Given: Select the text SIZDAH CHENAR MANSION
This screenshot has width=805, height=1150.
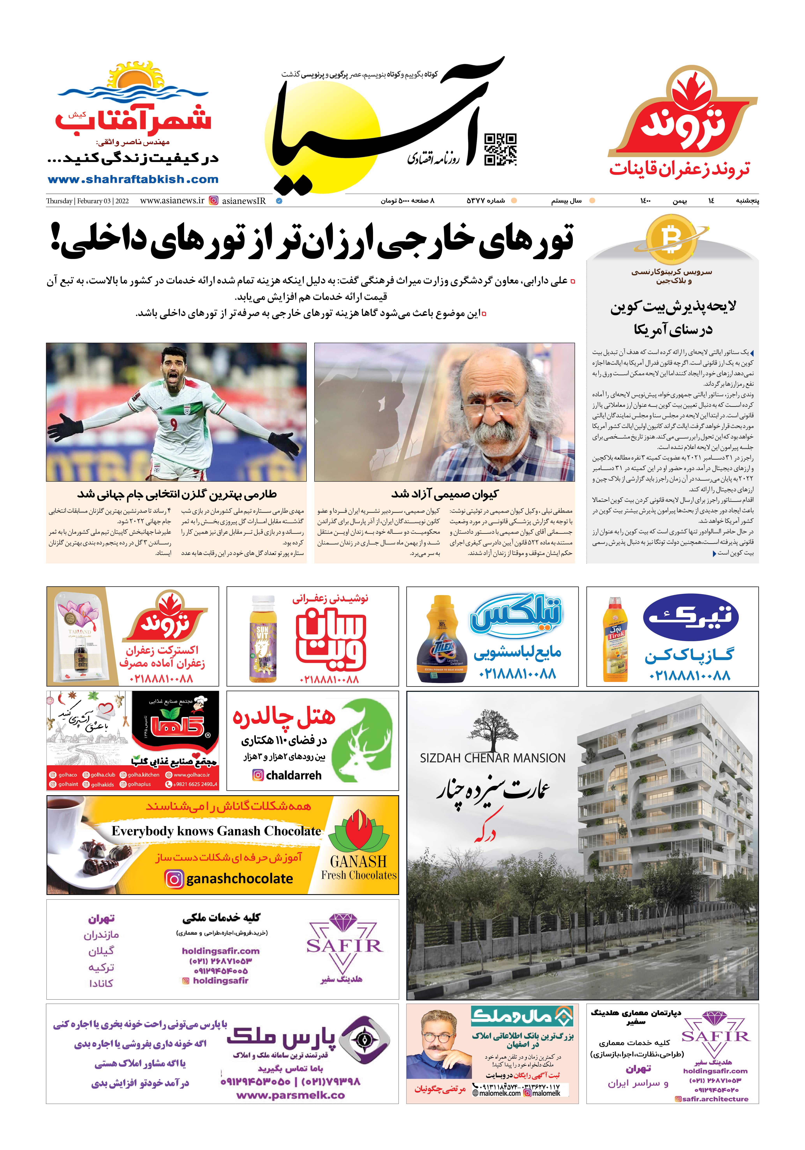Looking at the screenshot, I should point(492,758).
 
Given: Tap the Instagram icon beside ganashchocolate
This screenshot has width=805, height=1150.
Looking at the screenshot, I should point(174,879).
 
